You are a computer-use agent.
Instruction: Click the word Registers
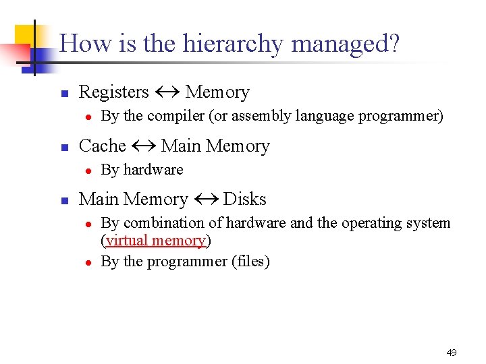(113, 92)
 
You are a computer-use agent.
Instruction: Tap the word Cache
(103, 146)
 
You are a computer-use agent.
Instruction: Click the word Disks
(244, 200)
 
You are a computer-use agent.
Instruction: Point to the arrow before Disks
(205, 200)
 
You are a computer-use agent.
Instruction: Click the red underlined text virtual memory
(155, 241)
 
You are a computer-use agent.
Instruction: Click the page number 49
(452, 353)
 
